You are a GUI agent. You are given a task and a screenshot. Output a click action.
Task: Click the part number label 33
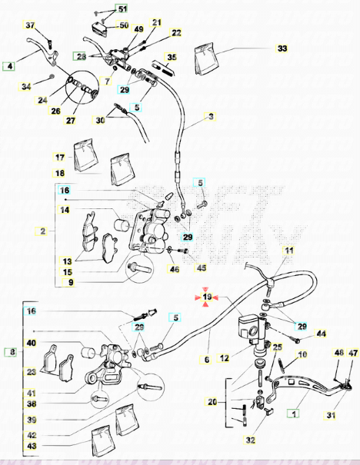coord(282,48)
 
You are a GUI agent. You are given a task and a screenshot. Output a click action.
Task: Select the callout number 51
coord(122,9)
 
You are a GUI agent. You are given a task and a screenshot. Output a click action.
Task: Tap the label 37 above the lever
coord(30,25)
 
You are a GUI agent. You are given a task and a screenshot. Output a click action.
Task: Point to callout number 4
coord(9,66)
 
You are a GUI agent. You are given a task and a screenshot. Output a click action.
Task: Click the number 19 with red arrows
coord(207,297)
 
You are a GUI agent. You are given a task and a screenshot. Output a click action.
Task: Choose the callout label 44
coord(322,334)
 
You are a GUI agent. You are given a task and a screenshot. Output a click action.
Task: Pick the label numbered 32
coord(250,440)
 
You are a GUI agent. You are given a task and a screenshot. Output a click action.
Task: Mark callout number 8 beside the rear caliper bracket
coord(12,352)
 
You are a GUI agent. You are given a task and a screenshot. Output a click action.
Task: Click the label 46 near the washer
coord(174,269)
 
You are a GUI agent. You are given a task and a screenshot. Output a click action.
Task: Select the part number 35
coord(172,57)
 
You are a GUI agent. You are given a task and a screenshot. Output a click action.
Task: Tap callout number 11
coord(288,251)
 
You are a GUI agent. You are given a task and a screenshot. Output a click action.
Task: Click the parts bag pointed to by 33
coord(207,58)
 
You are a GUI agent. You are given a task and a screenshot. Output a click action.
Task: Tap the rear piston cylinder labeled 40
coord(89,352)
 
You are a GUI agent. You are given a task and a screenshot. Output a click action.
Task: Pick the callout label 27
coord(70,121)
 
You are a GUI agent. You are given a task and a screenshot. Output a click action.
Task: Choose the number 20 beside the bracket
coord(212,402)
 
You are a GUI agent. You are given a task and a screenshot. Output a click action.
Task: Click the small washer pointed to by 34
coord(52,77)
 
